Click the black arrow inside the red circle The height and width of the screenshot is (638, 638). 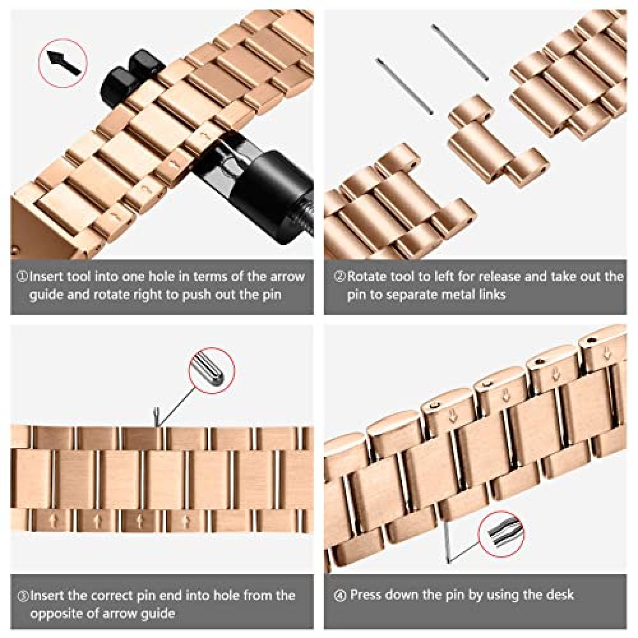coord(63,63)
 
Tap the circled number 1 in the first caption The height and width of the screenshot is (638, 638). coord(22,277)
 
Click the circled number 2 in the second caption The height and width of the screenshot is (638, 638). coord(339,277)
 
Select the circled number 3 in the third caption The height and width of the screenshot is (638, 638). coord(23,597)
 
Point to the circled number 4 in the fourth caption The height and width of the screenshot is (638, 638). coord(340,596)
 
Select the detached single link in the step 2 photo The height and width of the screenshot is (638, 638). coord(497,142)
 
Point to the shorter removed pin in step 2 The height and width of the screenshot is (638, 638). coord(404,86)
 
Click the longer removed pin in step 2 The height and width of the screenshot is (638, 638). coord(460,52)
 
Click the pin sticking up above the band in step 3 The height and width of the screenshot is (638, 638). coord(156,418)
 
